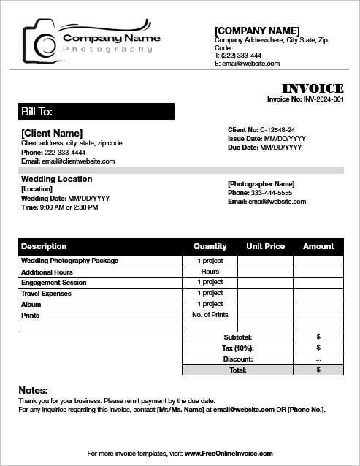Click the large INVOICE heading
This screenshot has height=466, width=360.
[x=312, y=88]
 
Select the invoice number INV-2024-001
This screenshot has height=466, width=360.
[x=323, y=99]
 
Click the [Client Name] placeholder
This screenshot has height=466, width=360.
[x=52, y=133]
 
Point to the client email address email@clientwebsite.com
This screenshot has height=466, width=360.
[x=79, y=161]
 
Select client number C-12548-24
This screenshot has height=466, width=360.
[x=277, y=129]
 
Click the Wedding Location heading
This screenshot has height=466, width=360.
[x=56, y=179]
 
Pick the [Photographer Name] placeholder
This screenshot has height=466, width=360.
[x=261, y=183]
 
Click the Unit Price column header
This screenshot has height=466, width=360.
[x=266, y=246]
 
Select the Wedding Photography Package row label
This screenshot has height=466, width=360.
[x=69, y=261]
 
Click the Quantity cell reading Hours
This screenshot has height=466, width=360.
[x=210, y=272]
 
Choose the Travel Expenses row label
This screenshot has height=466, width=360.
[x=46, y=294]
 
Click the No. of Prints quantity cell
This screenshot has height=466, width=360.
[x=210, y=315]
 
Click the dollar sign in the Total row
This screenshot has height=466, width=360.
[x=318, y=370]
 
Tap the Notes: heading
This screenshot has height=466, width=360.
[x=33, y=391]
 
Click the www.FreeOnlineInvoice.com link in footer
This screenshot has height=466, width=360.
[x=229, y=454]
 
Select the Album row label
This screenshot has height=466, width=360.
[x=31, y=305]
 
